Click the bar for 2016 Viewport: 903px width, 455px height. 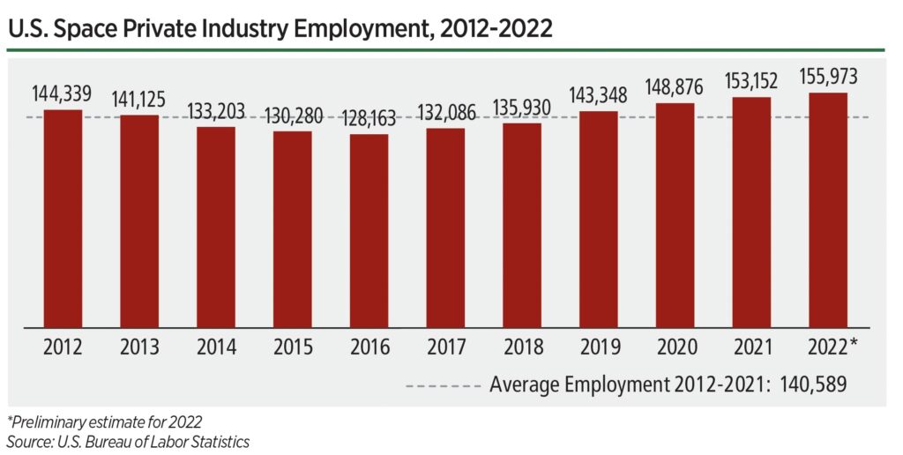click(x=369, y=230)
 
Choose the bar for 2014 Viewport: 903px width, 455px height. click(x=216, y=227)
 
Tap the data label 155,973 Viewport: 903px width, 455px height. click(x=827, y=77)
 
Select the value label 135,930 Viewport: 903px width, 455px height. click(x=521, y=108)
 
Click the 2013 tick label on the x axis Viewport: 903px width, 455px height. click(x=139, y=347)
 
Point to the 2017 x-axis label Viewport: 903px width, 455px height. click(x=445, y=347)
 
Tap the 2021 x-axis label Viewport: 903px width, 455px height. click(x=750, y=347)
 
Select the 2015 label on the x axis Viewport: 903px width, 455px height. click(x=292, y=347)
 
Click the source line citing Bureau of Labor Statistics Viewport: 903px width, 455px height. click(x=128, y=441)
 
